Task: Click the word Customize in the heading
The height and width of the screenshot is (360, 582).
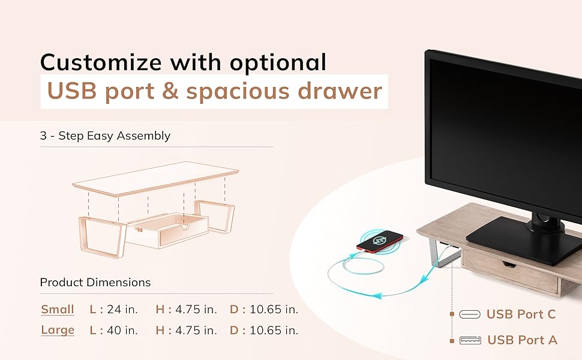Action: [101, 62]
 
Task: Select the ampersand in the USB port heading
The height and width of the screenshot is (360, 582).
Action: [170, 91]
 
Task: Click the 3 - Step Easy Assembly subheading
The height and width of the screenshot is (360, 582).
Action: [105, 136]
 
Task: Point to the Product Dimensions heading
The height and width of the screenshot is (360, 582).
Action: [95, 283]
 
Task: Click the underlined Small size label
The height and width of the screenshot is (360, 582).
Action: [58, 310]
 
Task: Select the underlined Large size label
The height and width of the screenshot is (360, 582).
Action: [58, 331]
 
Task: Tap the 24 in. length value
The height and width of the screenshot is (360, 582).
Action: [122, 310]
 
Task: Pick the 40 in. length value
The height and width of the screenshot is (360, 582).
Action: [122, 331]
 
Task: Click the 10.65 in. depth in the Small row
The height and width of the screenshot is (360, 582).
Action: [274, 310]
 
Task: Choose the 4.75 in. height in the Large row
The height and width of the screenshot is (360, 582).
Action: [196, 331]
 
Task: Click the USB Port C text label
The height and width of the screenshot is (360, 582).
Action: [521, 314]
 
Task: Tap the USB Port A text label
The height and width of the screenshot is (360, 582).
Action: [522, 340]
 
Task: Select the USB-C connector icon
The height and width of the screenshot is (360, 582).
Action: [470, 314]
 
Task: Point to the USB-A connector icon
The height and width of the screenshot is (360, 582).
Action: [470, 340]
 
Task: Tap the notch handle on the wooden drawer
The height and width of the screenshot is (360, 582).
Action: [509, 265]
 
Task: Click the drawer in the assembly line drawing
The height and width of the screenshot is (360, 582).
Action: [167, 231]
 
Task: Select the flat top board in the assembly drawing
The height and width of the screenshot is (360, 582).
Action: [156, 178]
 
